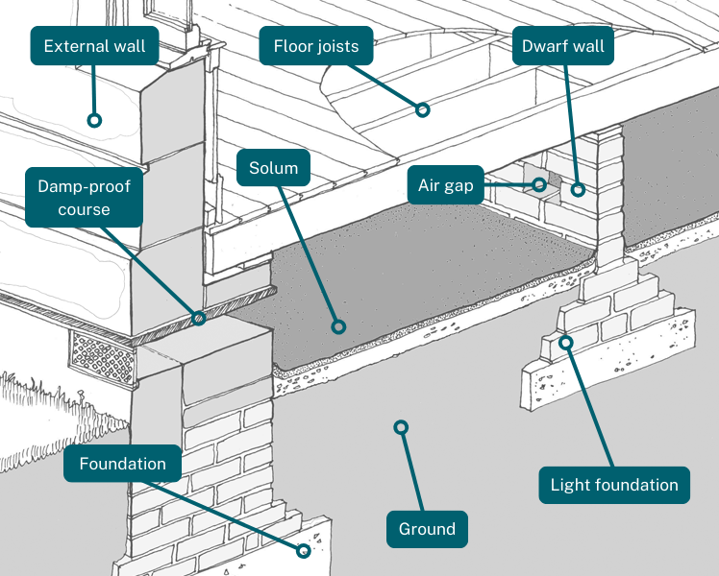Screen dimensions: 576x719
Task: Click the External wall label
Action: (94, 45)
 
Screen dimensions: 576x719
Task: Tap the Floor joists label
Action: (315, 45)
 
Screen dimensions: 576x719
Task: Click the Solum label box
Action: (273, 169)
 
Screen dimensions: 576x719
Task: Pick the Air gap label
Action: (445, 185)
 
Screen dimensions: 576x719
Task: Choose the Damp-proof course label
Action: (84, 197)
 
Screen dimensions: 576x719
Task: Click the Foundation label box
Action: (122, 464)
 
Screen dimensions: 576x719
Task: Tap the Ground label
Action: (427, 529)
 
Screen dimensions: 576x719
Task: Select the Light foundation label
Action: (614, 485)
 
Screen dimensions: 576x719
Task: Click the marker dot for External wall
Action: (94, 120)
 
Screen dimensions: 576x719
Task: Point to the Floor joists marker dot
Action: (422, 110)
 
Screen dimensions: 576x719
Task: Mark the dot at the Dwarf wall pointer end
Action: (578, 189)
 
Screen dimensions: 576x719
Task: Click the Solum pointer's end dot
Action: (337, 325)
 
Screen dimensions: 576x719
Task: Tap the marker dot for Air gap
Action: (540, 184)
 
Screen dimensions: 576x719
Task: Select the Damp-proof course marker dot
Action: (199, 318)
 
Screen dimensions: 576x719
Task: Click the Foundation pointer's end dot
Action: (304, 551)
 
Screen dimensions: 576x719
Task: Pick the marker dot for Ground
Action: (401, 426)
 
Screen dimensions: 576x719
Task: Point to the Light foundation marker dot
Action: (566, 342)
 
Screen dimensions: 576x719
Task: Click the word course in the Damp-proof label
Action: (84, 210)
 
